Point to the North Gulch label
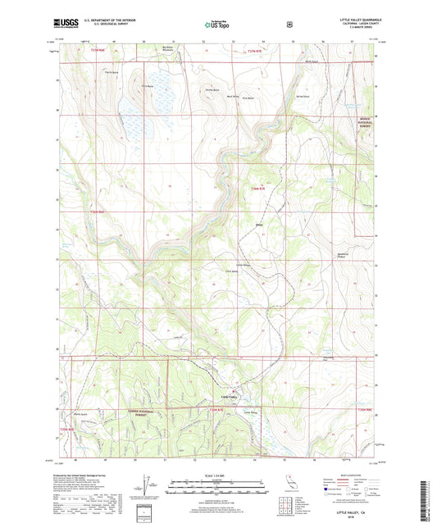click(311, 61)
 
